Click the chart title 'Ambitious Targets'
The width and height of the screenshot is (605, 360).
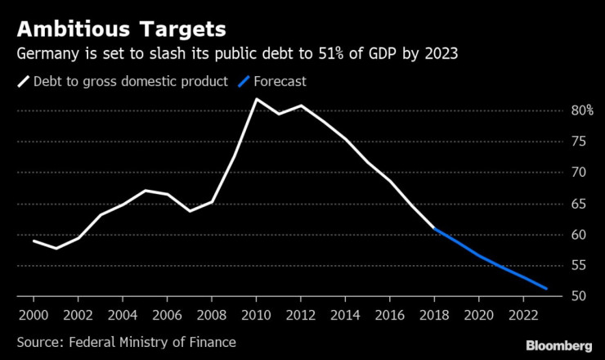120,30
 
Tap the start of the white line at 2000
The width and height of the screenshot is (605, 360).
33,241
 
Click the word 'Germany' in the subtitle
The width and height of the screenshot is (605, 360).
47,55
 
